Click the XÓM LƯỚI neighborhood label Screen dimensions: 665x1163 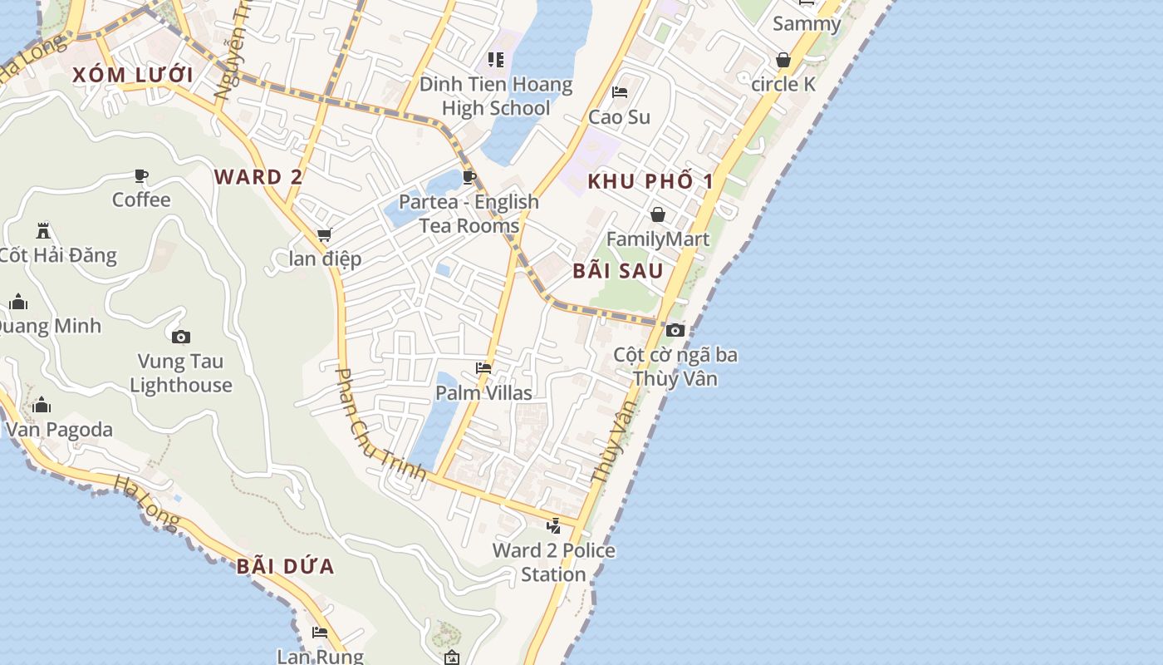pyautogui.click(x=133, y=75)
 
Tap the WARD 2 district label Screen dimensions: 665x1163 pyautogui.click(x=258, y=176)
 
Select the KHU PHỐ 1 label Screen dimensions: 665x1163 pyautogui.click(x=651, y=181)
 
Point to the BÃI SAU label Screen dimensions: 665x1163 pyautogui.click(x=618, y=271)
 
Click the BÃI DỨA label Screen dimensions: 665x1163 pyautogui.click(x=285, y=567)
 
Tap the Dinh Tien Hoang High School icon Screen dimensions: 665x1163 pyautogui.click(x=496, y=59)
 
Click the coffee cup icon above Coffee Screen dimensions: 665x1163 pyautogui.click(x=141, y=175)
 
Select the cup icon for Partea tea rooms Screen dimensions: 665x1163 pyautogui.click(x=469, y=176)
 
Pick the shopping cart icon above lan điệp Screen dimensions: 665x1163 pyautogui.click(x=325, y=235)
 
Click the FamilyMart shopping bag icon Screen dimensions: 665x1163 pyautogui.click(x=658, y=214)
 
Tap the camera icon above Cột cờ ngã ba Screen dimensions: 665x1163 pyautogui.click(x=675, y=330)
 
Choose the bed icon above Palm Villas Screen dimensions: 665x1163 pyautogui.click(x=483, y=367)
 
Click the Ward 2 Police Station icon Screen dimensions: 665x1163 pyautogui.click(x=554, y=525)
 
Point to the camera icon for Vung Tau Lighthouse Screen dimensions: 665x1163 pyautogui.click(x=181, y=337)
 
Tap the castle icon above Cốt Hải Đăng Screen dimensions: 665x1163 pyautogui.click(x=43, y=230)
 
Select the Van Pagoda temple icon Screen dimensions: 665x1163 pyautogui.click(x=42, y=405)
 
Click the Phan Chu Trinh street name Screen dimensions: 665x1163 pyautogui.click(x=380, y=425)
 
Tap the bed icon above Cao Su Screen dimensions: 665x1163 pyautogui.click(x=620, y=91)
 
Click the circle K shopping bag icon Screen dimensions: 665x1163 pyautogui.click(x=783, y=60)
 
